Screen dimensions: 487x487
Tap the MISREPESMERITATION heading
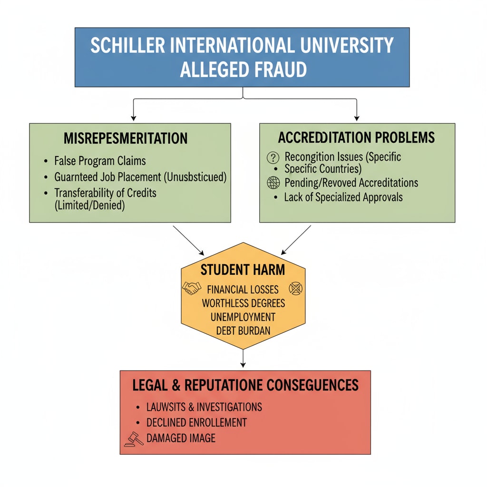[126, 138]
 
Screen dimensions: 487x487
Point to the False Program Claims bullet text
[100, 161]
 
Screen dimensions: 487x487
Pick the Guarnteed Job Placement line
[141, 177]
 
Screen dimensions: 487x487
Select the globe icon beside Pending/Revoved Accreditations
[273, 182]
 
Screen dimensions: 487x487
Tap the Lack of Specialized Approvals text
[343, 197]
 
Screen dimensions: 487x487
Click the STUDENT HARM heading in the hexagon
[243, 270]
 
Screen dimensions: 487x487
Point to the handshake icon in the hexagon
[192, 288]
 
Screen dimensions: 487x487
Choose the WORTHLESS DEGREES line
[243, 303]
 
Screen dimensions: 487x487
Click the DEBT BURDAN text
[243, 331]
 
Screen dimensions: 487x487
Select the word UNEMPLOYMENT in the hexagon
[243, 317]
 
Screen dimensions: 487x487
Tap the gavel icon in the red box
[133, 438]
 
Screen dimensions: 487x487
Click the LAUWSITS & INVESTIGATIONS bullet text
[204, 407]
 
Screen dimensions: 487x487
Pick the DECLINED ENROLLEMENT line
[196, 422]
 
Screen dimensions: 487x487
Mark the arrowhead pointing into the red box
[243, 365]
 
